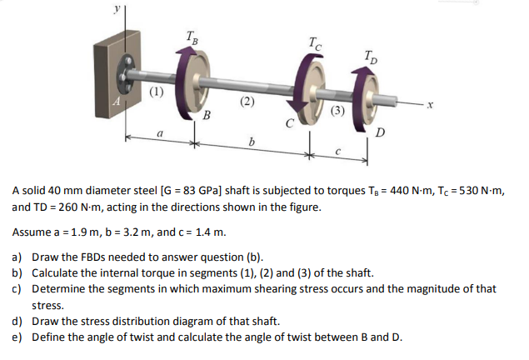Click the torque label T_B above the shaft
pos(192,36)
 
